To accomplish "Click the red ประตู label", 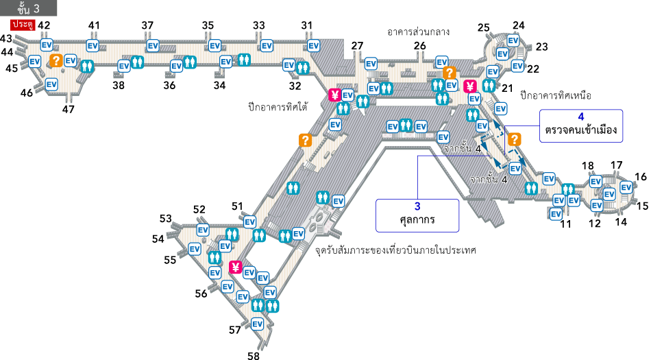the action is (x=23, y=25).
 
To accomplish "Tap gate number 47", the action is (x=69, y=109).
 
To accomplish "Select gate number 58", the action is (x=254, y=355).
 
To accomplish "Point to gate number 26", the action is (x=420, y=46).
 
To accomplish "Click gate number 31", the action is (x=307, y=25).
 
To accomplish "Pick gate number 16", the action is (x=641, y=176).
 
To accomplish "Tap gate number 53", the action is (x=166, y=219).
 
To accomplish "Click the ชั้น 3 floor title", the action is (x=28, y=8).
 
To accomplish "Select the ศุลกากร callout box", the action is (x=417, y=215).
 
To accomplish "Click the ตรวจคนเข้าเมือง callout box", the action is (x=581, y=125).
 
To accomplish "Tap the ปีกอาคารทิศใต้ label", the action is (x=278, y=107).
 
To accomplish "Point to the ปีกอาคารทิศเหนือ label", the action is (x=556, y=95).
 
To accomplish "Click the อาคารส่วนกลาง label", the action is (x=418, y=32).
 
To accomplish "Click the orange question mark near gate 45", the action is (x=56, y=60).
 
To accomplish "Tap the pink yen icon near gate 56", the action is (x=236, y=267).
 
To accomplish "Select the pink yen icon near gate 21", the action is (x=470, y=86).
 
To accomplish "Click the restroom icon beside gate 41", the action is (x=87, y=66).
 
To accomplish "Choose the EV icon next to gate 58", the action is (x=258, y=324).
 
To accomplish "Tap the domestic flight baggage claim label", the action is (x=395, y=251).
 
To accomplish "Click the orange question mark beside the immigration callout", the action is (x=515, y=139).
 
